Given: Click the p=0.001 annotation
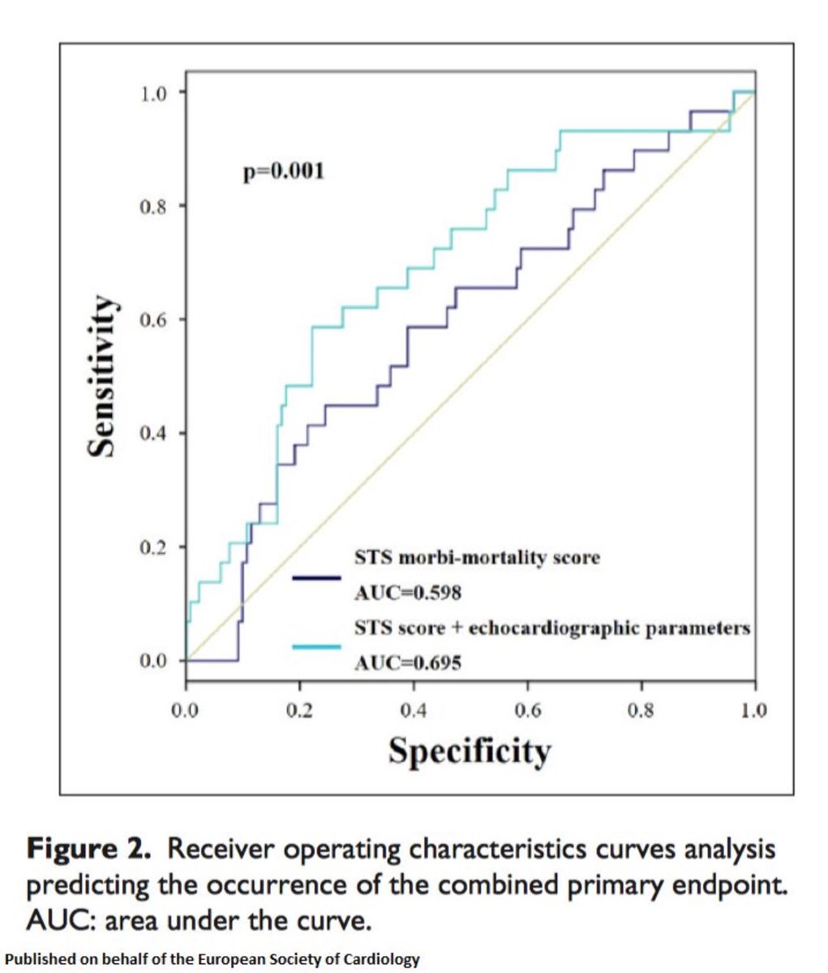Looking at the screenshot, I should [284, 171].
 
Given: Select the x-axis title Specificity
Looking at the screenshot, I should [470, 750].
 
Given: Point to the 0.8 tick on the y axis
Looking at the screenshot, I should [152, 206].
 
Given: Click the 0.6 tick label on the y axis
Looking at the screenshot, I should [152, 319].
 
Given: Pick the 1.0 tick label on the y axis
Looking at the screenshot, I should [152, 92].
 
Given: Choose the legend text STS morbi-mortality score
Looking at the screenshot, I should [477, 558].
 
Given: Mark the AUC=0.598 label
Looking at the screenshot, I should [408, 593].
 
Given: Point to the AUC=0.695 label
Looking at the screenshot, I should [408, 663].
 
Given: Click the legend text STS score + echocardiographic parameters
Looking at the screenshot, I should [552, 628].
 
